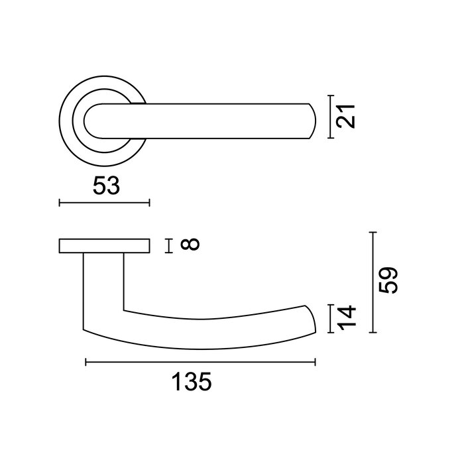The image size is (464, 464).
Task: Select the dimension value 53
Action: click(x=105, y=186)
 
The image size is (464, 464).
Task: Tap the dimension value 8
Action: click(x=190, y=245)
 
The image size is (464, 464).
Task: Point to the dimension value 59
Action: click(x=389, y=282)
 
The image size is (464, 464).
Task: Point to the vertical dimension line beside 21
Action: click(x=331, y=117)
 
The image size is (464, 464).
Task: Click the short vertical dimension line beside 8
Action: click(x=169, y=246)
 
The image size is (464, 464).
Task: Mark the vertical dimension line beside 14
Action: click(x=331, y=319)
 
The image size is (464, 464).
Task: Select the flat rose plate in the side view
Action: click(x=104, y=246)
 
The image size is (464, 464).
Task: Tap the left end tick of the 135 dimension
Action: click(x=86, y=362)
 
